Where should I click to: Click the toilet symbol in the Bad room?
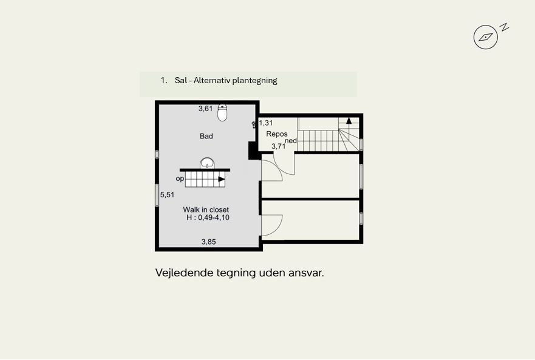222,113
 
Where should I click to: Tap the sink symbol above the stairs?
207,163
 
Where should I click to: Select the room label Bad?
206,136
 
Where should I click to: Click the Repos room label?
276,134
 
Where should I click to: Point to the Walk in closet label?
206,209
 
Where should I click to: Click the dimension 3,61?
205,109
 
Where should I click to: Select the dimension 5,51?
167,195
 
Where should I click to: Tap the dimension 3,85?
208,242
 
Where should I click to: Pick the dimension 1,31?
266,123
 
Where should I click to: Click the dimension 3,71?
278,146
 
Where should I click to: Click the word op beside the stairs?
180,178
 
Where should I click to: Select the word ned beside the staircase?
291,140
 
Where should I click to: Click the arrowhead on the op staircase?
222,179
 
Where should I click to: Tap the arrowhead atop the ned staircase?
349,121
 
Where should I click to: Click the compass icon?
485,37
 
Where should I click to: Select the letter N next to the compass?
504,27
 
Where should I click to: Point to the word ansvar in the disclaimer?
306,273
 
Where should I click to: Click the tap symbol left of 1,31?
254,124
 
